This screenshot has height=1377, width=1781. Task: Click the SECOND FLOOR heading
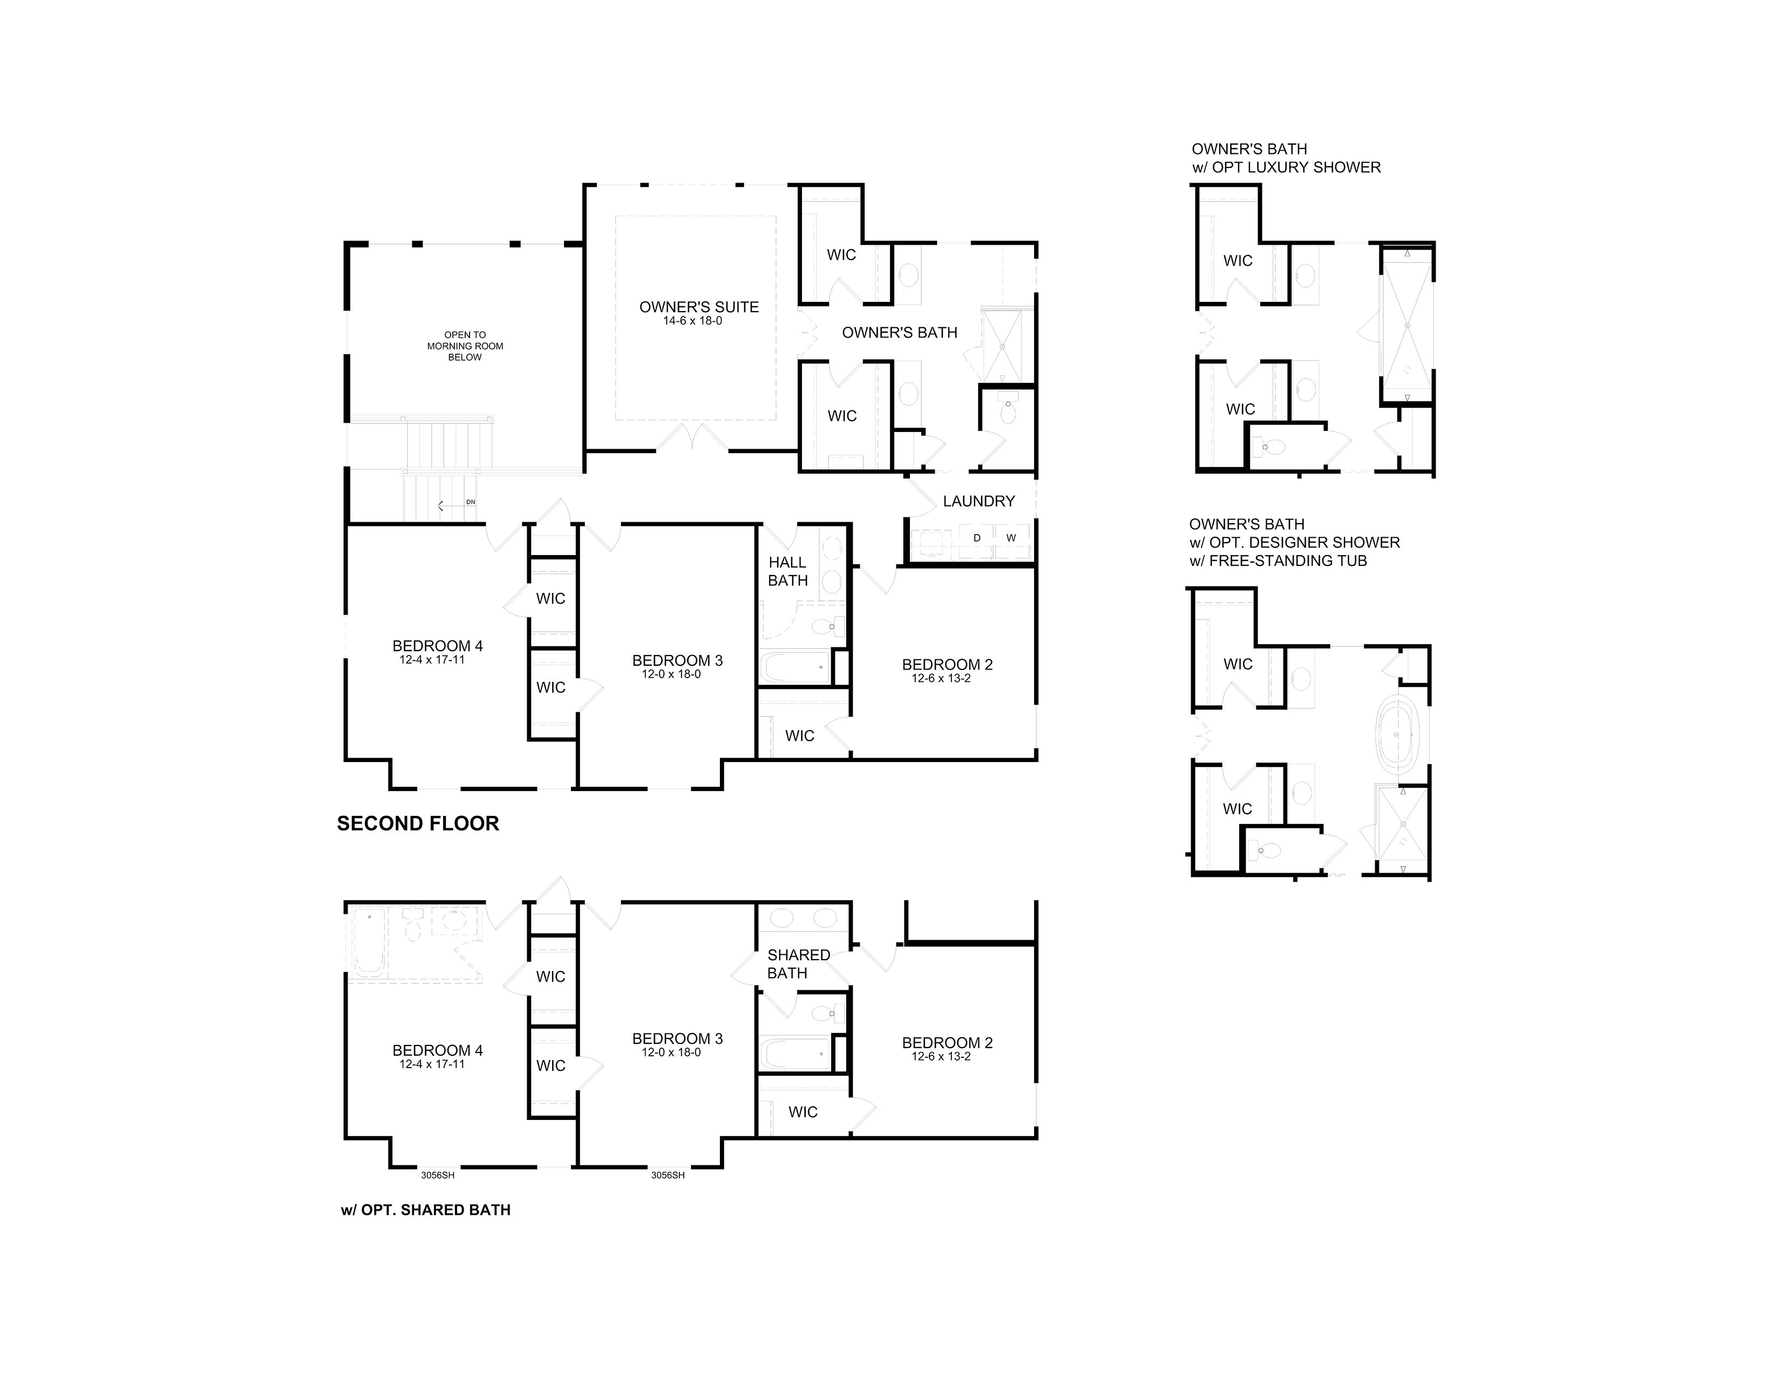[x=418, y=824]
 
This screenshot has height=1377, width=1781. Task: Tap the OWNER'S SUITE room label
[x=699, y=307]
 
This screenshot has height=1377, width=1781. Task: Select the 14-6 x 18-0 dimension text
[x=692, y=321]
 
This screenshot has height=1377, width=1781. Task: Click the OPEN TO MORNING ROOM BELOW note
[x=465, y=346]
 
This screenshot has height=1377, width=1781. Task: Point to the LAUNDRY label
[x=978, y=501]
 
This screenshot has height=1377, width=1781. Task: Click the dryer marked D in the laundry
[x=977, y=538]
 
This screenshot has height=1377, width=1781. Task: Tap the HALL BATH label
[x=788, y=571]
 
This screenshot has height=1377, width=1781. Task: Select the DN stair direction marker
[x=471, y=502]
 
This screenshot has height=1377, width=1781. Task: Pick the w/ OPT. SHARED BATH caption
[x=426, y=1210]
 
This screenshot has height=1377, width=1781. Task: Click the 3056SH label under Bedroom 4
[x=438, y=1176]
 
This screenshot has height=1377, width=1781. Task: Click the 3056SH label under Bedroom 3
[x=668, y=1176]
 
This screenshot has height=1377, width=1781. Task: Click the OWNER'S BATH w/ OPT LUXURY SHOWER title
[x=1286, y=158]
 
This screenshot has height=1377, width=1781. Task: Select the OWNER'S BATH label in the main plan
[x=900, y=333]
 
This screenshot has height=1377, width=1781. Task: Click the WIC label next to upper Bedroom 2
[x=799, y=736]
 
